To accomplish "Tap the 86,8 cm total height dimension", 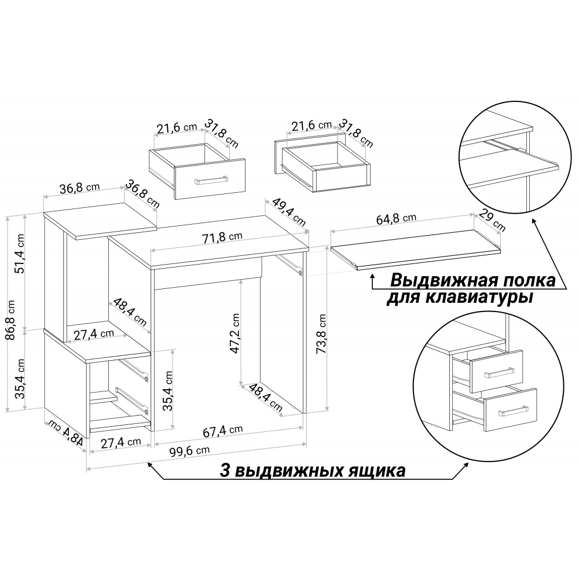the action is (x=10, y=320).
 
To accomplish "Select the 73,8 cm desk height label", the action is (x=321, y=334).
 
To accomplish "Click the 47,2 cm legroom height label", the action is (x=235, y=333).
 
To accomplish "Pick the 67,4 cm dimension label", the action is (x=223, y=431).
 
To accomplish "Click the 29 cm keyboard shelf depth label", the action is (x=492, y=221).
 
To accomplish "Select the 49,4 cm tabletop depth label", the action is (x=289, y=212).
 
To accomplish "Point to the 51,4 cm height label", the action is (x=19, y=254).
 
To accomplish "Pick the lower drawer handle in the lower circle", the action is (x=513, y=411).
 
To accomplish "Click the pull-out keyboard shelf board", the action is (x=416, y=249).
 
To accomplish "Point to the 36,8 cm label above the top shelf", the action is (x=80, y=188).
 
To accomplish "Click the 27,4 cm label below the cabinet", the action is (x=121, y=442).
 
